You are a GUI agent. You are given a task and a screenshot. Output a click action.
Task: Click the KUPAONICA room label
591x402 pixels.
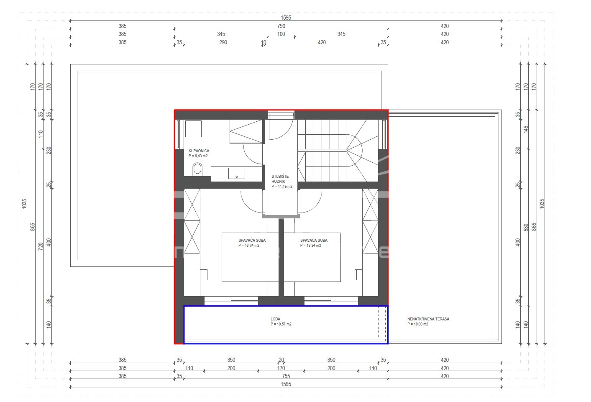click(199, 151)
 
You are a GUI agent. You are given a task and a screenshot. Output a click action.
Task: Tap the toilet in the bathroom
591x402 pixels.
click(197, 169)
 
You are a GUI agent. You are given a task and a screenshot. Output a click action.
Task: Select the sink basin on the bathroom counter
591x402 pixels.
click(236, 174)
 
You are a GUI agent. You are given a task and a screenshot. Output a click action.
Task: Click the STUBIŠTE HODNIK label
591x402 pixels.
click(280, 179)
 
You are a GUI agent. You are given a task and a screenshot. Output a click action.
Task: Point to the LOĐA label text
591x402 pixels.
click(276, 319)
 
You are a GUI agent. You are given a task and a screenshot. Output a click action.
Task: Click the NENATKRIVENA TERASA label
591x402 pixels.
click(428, 319)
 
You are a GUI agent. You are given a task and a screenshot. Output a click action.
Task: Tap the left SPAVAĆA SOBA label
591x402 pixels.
click(252, 240)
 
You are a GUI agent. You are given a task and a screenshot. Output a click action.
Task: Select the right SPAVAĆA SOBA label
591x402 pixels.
click(314, 240)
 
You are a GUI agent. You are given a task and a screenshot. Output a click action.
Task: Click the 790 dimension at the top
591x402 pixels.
click(281, 26)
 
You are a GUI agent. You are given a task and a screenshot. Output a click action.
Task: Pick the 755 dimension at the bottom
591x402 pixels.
click(286, 376)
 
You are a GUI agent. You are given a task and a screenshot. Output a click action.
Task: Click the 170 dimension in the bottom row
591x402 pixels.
click(281, 368)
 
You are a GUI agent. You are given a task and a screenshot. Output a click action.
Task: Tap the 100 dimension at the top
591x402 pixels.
click(281, 34)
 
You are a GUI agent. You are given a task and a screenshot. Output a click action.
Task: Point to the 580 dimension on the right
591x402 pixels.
click(526, 228)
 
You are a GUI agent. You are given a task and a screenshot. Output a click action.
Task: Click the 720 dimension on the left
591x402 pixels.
click(41, 246)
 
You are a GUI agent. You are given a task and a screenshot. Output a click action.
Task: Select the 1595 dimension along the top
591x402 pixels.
click(286, 18)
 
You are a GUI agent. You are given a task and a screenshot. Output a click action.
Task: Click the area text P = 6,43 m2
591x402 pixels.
click(198, 156)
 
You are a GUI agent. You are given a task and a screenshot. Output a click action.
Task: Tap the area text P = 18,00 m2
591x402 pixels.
click(418, 324)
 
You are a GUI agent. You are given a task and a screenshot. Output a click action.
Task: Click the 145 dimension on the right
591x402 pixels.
click(526, 129)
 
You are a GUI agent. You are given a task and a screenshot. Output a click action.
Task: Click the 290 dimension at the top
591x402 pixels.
click(223, 42)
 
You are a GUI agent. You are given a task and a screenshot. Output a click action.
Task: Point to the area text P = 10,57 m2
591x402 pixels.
click(281, 324)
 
